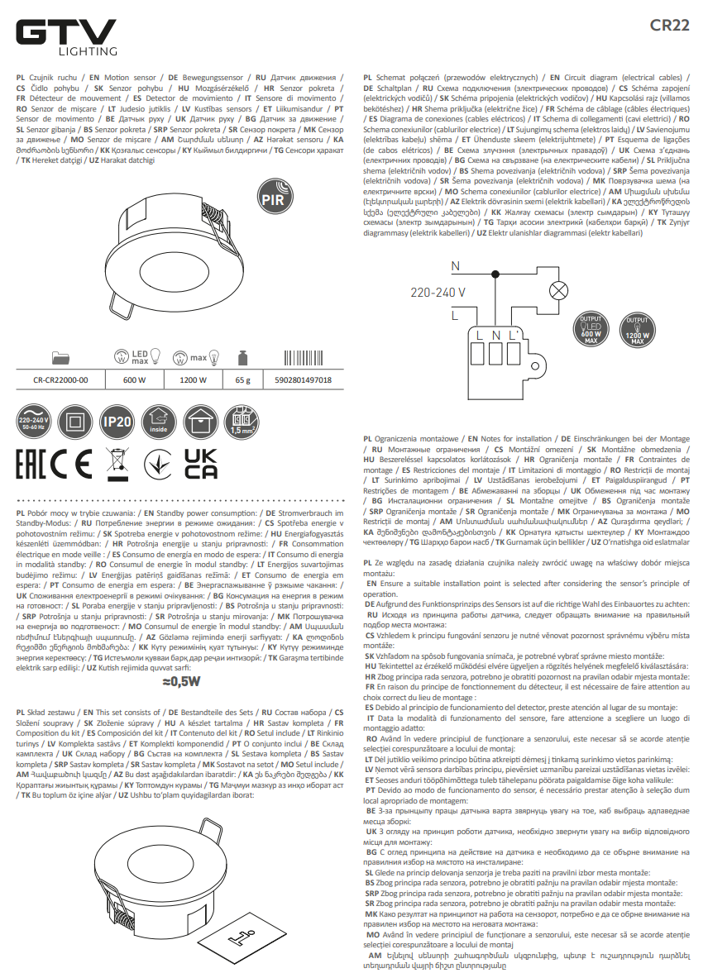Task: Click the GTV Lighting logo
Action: pyautogui.click(x=66, y=36)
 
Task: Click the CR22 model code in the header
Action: pyautogui.click(x=669, y=25)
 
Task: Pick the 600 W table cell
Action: pyautogui.click(x=134, y=380)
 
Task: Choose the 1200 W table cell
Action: pyautogui.click(x=192, y=380)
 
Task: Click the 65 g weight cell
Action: pyautogui.click(x=242, y=380)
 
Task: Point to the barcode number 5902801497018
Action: pyautogui.click(x=302, y=380)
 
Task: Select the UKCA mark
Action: pyautogui.click(x=200, y=464)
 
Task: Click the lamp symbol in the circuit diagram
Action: pyautogui.click(x=560, y=290)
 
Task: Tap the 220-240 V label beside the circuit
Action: pyautogui.click(x=438, y=292)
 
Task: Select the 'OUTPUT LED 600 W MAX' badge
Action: pyautogui.click(x=589, y=329)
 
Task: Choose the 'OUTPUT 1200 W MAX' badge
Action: pyautogui.click(x=637, y=329)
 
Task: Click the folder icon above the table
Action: pyautogui.click(x=60, y=357)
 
